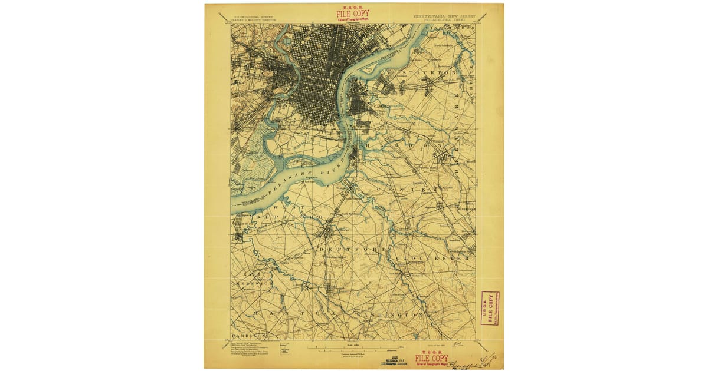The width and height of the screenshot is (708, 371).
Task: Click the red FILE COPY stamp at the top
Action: click(x=353, y=14)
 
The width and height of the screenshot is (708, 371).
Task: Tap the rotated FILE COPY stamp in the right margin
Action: click(x=489, y=308)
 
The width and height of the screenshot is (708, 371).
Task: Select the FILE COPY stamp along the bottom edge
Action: click(x=431, y=357)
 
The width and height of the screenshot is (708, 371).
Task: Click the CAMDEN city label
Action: click(x=381, y=106)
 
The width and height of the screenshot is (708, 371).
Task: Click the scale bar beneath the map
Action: click(x=354, y=347)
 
